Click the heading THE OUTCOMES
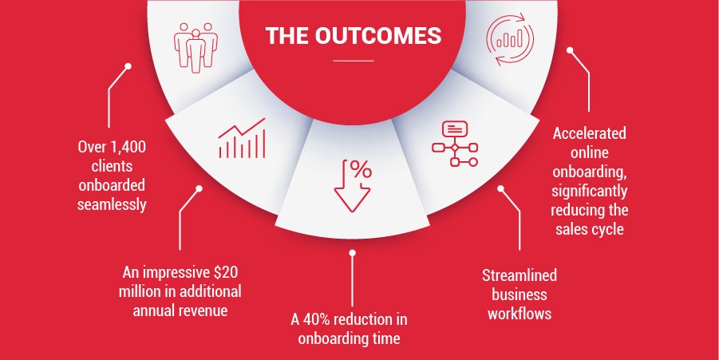[x=353, y=36]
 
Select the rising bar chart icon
[x=242, y=138]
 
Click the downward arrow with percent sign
[x=352, y=185]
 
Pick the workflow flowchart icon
[x=455, y=144]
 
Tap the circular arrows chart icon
[x=509, y=39]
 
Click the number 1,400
[x=128, y=147]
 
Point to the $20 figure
[x=226, y=272]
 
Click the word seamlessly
[x=112, y=204]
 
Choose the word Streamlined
[x=519, y=275]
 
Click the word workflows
[x=519, y=314]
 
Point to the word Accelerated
[x=589, y=133]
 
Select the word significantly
[x=589, y=191]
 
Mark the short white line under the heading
[x=353, y=61]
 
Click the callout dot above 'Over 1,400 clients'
[x=128, y=66]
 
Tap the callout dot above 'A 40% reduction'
[x=352, y=253]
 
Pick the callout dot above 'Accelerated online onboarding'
[x=570, y=50]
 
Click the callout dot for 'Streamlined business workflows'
[x=500, y=188]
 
